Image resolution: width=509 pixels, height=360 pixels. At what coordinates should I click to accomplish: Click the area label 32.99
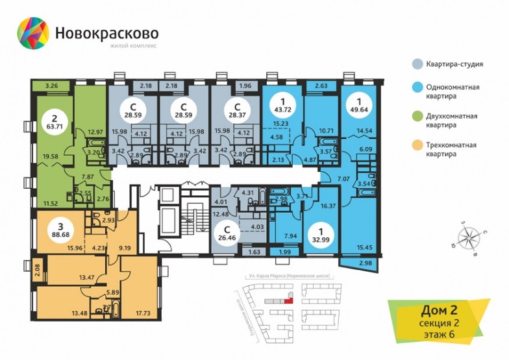[319, 238]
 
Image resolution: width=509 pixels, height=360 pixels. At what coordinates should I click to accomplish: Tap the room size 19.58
[50, 156]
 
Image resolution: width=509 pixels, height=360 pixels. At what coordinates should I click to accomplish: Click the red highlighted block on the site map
[289, 299]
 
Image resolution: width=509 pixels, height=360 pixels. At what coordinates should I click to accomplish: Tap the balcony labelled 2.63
[321, 84]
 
